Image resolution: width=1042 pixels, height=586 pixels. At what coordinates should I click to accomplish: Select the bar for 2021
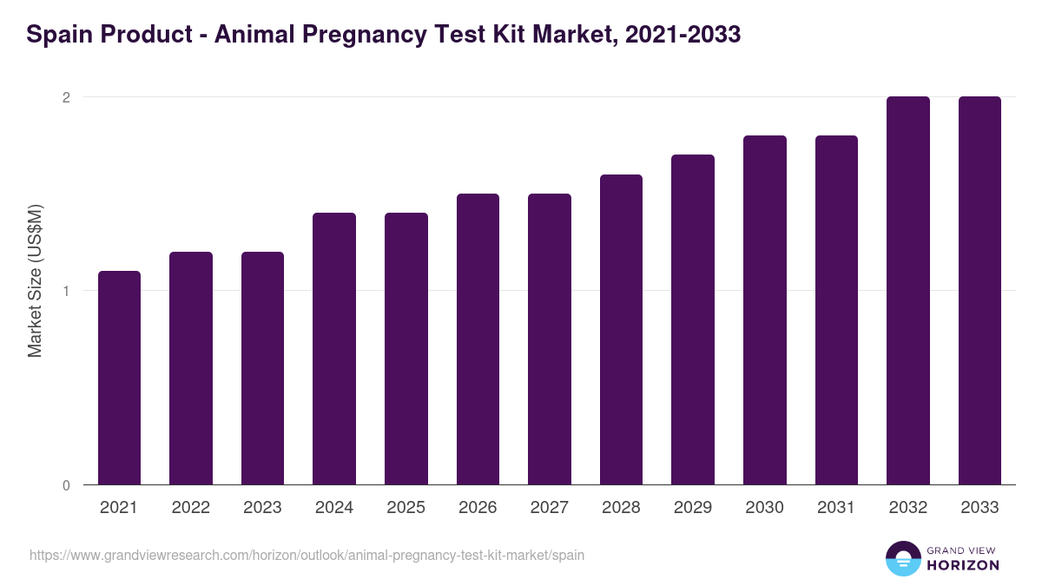(119, 378)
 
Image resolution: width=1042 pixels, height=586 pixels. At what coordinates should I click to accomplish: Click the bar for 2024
(334, 348)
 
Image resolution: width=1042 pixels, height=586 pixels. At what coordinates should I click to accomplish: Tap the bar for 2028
(621, 329)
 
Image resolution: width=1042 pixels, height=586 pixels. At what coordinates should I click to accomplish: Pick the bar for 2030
(764, 310)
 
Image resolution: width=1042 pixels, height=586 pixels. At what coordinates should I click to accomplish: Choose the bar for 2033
(979, 290)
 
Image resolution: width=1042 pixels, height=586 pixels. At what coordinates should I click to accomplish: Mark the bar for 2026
(478, 339)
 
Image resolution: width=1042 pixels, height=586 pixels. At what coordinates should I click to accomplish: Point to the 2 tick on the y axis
(65, 97)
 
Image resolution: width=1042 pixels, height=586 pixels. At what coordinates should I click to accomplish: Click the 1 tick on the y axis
(65, 291)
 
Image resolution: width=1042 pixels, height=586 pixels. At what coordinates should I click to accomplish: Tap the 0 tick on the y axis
(65, 485)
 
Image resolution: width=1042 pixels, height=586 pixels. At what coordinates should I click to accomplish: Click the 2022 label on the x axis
(190, 508)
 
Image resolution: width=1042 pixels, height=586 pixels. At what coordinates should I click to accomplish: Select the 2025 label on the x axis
(406, 508)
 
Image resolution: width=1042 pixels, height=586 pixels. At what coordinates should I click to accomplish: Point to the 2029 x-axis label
(693, 508)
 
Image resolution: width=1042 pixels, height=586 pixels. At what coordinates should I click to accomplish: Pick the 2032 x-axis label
(908, 508)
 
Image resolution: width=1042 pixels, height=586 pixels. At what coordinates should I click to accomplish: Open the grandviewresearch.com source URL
(307, 554)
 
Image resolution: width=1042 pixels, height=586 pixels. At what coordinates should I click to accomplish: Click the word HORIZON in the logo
(963, 564)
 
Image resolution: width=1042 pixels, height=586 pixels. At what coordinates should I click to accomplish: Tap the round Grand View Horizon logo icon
(902, 558)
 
